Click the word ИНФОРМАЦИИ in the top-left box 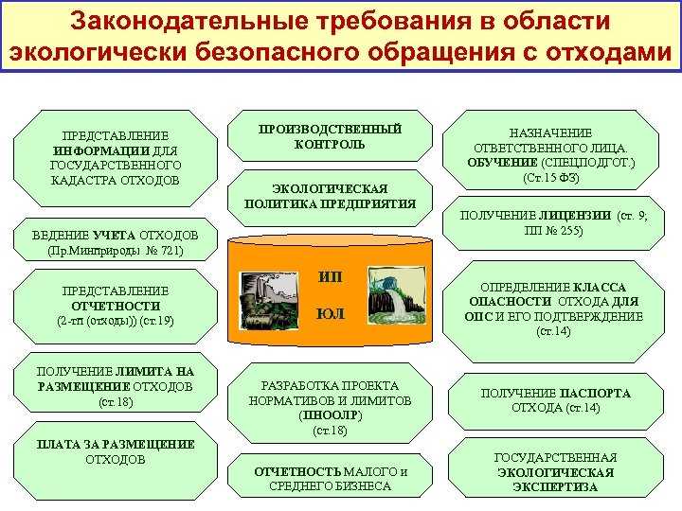coord(101,150)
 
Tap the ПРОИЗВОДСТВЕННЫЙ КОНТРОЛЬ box coord(330,136)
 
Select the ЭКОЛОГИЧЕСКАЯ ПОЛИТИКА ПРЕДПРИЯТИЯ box coord(330,198)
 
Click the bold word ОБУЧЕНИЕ coord(502,163)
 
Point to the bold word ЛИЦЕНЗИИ coord(575,215)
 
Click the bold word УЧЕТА coord(115,236)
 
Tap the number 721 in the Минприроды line coord(170,251)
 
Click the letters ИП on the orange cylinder coord(330,276)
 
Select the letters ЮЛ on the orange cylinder coord(331,313)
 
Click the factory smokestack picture coord(269,301)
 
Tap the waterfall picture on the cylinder coord(396,295)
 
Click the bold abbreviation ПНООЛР coord(331,415)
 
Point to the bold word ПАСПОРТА coord(595,394)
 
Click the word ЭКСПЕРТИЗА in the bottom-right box coord(555,486)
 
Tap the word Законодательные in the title coord(189,21)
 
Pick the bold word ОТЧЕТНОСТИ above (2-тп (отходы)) coord(116,306)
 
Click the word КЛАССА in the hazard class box coord(600,288)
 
